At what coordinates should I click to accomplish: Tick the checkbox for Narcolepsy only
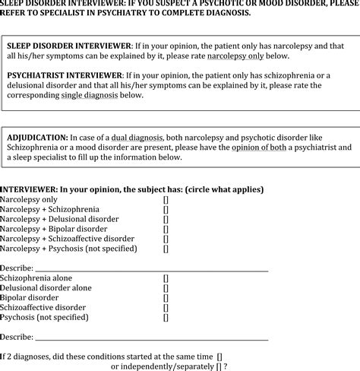click(x=166, y=198)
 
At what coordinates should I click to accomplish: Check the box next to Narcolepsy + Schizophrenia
click(x=166, y=208)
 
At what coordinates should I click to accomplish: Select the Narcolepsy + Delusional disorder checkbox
click(x=166, y=218)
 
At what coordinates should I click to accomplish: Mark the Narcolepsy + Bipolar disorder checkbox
click(x=166, y=228)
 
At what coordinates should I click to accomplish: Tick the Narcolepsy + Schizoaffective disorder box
click(x=166, y=238)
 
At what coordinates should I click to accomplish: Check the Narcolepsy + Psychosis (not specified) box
click(x=166, y=248)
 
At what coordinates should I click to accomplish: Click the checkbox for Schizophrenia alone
click(x=166, y=278)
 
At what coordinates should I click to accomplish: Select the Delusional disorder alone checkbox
click(x=166, y=288)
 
